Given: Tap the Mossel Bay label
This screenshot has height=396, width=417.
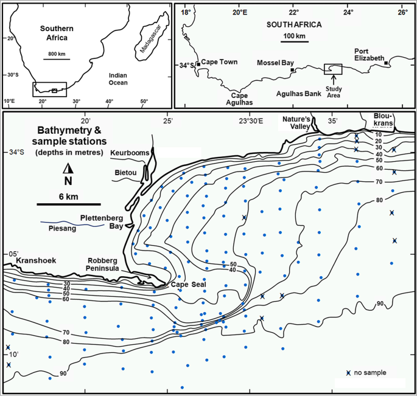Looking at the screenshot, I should [x=276, y=63].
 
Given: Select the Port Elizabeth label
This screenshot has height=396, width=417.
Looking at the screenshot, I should [x=370, y=54].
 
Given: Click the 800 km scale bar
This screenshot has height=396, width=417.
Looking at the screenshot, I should [x=56, y=60].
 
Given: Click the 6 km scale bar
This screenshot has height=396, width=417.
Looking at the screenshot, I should [x=68, y=203].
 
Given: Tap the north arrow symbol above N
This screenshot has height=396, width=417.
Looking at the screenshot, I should [x=68, y=168].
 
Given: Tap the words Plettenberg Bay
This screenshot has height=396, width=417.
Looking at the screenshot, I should [x=103, y=221].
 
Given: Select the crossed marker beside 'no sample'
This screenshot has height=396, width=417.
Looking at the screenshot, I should [x=348, y=373].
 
